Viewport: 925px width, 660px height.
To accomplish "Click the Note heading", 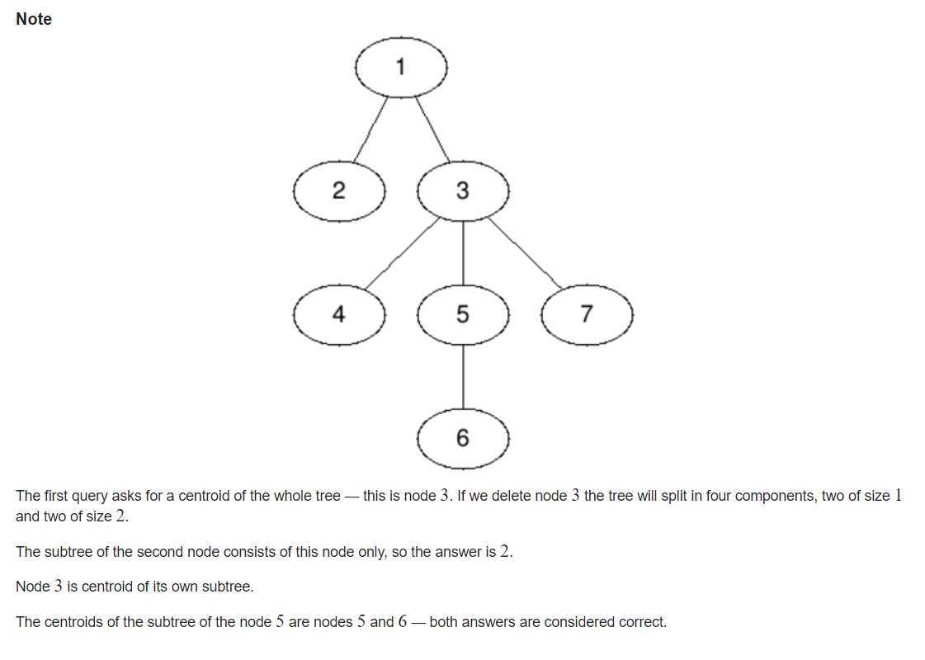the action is point(34,19).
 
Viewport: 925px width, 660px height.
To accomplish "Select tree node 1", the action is point(401,68).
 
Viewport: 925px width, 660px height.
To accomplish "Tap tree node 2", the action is point(339,191).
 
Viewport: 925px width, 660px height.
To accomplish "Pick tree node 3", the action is point(463,191).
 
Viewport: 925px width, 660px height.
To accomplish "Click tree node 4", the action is point(339,314).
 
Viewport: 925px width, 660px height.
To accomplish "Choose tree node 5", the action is point(463,314).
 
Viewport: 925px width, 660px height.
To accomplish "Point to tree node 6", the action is point(463,438).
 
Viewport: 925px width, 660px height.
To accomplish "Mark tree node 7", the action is point(587,314).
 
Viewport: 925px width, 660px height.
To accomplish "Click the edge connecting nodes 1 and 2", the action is point(370,130).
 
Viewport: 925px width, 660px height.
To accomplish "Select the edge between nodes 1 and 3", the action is point(432,130).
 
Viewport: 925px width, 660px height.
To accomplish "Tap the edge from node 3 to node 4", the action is point(403,253).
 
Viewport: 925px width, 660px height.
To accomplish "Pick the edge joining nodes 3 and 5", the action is point(463,253).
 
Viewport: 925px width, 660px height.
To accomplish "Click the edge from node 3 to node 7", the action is point(525,253).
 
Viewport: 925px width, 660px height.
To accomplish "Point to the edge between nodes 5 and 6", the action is point(463,377).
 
